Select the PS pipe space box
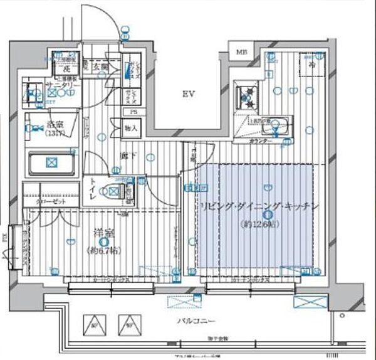click(132, 113)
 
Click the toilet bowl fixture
click(114, 192)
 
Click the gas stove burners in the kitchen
click(245, 98)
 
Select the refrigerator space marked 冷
click(311, 63)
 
